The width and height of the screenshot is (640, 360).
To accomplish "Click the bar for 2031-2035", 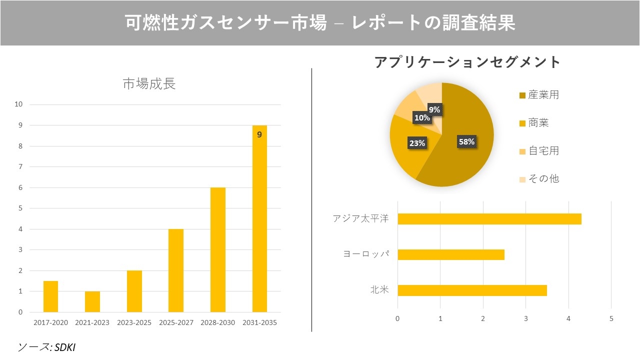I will coord(259,218).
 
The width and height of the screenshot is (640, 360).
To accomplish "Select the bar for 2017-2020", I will coord(50,296).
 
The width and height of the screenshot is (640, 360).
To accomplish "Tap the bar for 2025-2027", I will coord(175,270).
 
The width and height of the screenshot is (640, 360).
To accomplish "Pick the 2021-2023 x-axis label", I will coord(92,322).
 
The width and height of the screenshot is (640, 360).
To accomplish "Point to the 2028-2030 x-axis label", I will coord(217,322).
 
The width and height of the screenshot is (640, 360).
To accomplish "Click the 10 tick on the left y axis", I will coord(19,104).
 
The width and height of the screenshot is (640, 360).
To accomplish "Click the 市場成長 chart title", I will coord(149,84).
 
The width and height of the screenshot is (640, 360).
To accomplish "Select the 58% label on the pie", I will coord(466,142).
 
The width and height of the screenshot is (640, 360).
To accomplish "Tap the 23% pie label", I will coord(417,143).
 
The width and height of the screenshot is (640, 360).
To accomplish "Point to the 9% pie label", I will coord(434,109).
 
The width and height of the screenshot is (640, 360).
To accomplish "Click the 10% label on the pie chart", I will coord(421,118).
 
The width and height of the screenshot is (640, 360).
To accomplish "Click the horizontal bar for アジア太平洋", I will coord(489,219).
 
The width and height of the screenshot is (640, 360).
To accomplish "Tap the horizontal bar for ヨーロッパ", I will coord(450,254).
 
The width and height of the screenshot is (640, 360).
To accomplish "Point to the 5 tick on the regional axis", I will coord(611,318).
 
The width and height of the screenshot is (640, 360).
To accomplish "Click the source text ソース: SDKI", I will coord(46,347).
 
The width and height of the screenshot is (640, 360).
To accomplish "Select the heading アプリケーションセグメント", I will coord(467,62).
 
